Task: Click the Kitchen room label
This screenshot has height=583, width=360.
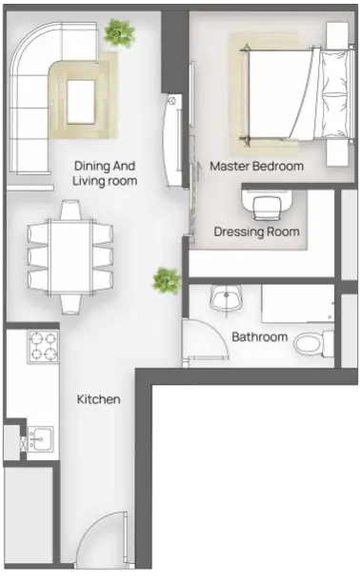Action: coord(98,399)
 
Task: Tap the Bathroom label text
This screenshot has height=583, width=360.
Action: coord(260,337)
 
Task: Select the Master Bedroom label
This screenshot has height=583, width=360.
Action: coord(256,166)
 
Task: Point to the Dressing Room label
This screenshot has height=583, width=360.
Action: coord(256,231)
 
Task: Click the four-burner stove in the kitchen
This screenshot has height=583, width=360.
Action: coord(43,347)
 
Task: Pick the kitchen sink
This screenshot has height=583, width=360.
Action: coord(41,439)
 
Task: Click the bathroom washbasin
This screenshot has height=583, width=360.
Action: coord(226,297)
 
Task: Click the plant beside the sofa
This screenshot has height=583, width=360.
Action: coord(119,32)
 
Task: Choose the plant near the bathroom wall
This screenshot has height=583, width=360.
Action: coord(167,280)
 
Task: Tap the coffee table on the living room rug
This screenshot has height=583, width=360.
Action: coord(81,102)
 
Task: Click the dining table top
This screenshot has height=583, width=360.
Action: coord(70,257)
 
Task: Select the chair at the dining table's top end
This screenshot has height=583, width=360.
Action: coord(70,210)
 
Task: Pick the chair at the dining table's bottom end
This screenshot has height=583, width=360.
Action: coord(70,305)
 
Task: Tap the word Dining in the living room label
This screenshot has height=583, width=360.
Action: coord(91,166)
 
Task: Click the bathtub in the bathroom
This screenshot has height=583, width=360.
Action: coord(298,303)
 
